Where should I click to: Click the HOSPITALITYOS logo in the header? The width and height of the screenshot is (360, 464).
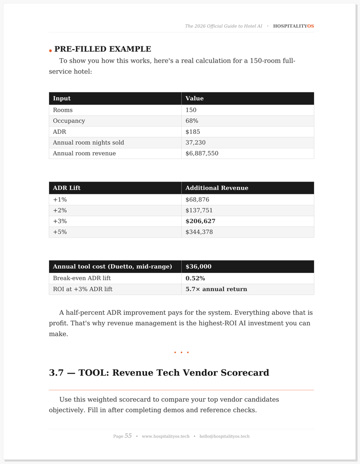coord(293,26)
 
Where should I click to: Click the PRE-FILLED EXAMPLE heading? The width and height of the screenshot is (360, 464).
coord(103,49)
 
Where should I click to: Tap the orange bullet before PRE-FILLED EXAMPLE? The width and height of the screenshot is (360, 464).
coord(50,50)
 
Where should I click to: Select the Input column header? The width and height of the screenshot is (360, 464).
coord(62,98)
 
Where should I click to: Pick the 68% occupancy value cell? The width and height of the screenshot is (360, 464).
coord(192,121)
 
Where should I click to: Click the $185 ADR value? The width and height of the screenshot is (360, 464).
coord(193,132)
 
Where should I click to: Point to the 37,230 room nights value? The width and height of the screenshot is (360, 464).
coord(195,142)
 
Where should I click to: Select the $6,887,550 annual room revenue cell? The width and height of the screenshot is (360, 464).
coord(202,153)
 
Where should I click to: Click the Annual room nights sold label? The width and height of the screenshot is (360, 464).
coord(88,142)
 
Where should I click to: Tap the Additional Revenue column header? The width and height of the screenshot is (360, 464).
coord(216,188)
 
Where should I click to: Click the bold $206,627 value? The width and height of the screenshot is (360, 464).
coord(200,221)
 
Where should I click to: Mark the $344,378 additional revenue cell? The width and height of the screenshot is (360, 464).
coord(199,232)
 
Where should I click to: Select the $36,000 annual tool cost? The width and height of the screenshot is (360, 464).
coord(198,267)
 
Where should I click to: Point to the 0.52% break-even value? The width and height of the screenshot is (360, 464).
coord(195,278)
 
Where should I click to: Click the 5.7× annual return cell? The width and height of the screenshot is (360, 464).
coord(216,289)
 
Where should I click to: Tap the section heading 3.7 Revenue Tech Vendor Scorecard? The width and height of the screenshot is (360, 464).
coord(159,373)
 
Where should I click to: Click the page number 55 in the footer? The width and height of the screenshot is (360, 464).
coord(128,436)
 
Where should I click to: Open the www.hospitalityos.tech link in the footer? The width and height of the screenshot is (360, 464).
coord(166,436)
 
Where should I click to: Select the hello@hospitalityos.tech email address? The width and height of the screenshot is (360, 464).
coord(224,436)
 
